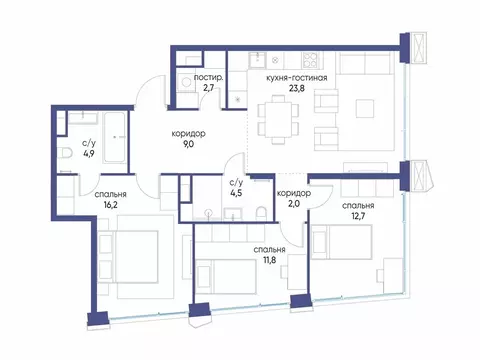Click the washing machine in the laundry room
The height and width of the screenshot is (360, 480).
186,86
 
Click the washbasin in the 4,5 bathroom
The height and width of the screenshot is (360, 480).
208,211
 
